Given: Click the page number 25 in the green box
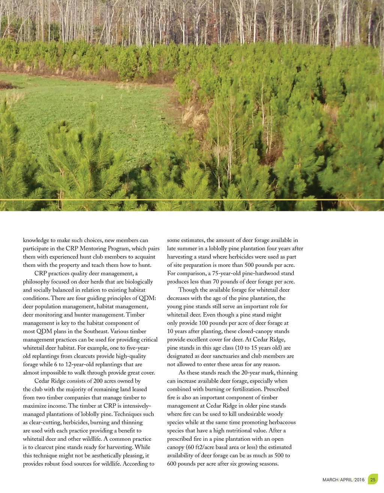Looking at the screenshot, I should click(x=373, y=479).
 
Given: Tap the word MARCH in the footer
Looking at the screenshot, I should click(x=330, y=480).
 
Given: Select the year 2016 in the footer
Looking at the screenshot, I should click(x=359, y=480).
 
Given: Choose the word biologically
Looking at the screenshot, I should click(x=135, y=281).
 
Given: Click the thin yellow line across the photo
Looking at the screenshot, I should click(x=192, y=200).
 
